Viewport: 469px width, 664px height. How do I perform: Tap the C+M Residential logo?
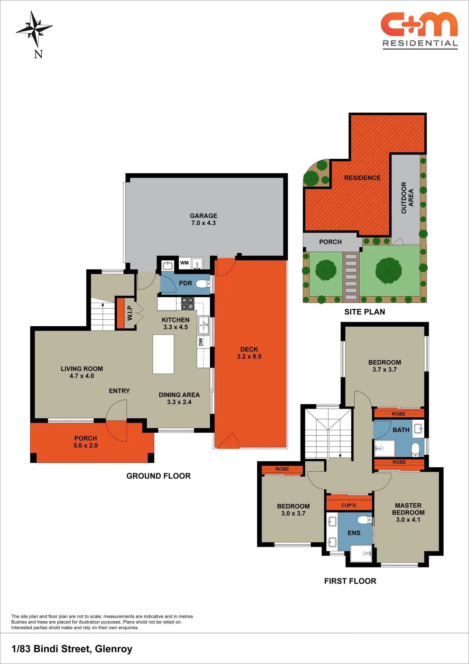(x=419, y=31)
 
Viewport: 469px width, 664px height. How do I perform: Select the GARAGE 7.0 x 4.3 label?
(x=203, y=219)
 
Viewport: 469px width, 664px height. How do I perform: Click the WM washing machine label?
(x=184, y=263)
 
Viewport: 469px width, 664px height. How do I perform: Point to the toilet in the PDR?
(x=202, y=283)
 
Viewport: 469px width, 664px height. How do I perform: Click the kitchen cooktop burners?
(x=188, y=303)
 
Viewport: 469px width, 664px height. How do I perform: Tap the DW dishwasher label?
(x=200, y=342)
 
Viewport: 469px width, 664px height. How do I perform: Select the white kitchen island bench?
(x=163, y=354)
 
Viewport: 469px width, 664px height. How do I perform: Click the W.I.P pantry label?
(x=129, y=313)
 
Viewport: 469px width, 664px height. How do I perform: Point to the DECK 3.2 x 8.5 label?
(x=249, y=353)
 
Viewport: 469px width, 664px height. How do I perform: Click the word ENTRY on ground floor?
(x=119, y=391)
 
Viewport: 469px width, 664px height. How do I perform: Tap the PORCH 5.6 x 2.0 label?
(x=85, y=442)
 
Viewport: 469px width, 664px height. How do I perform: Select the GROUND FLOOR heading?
(x=158, y=476)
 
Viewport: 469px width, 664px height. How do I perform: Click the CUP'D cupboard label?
(x=349, y=505)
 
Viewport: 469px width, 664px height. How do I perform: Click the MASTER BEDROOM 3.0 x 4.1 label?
(x=408, y=512)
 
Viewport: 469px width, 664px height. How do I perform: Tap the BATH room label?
(x=401, y=430)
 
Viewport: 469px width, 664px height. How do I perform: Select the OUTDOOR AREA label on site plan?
(x=407, y=198)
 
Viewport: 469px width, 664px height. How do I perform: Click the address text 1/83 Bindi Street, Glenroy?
(x=72, y=649)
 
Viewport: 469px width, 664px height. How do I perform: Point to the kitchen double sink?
(x=203, y=325)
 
